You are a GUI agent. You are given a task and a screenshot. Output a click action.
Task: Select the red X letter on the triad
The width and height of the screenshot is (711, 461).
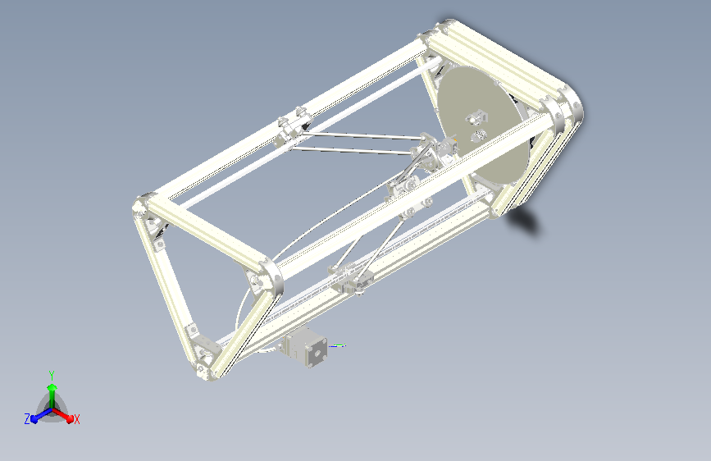pos(76,419)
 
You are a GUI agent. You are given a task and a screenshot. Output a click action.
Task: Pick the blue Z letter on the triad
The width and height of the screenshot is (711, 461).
pos(28,419)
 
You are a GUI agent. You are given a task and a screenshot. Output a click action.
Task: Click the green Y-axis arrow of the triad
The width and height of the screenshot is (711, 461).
pos(52,389)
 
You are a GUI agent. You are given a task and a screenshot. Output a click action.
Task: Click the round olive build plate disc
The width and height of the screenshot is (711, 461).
pos(479,123)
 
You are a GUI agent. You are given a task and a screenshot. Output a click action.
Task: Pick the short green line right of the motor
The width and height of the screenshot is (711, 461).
pos(337,345)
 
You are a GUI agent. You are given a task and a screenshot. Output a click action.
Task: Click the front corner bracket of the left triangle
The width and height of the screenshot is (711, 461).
pos(267,275)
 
